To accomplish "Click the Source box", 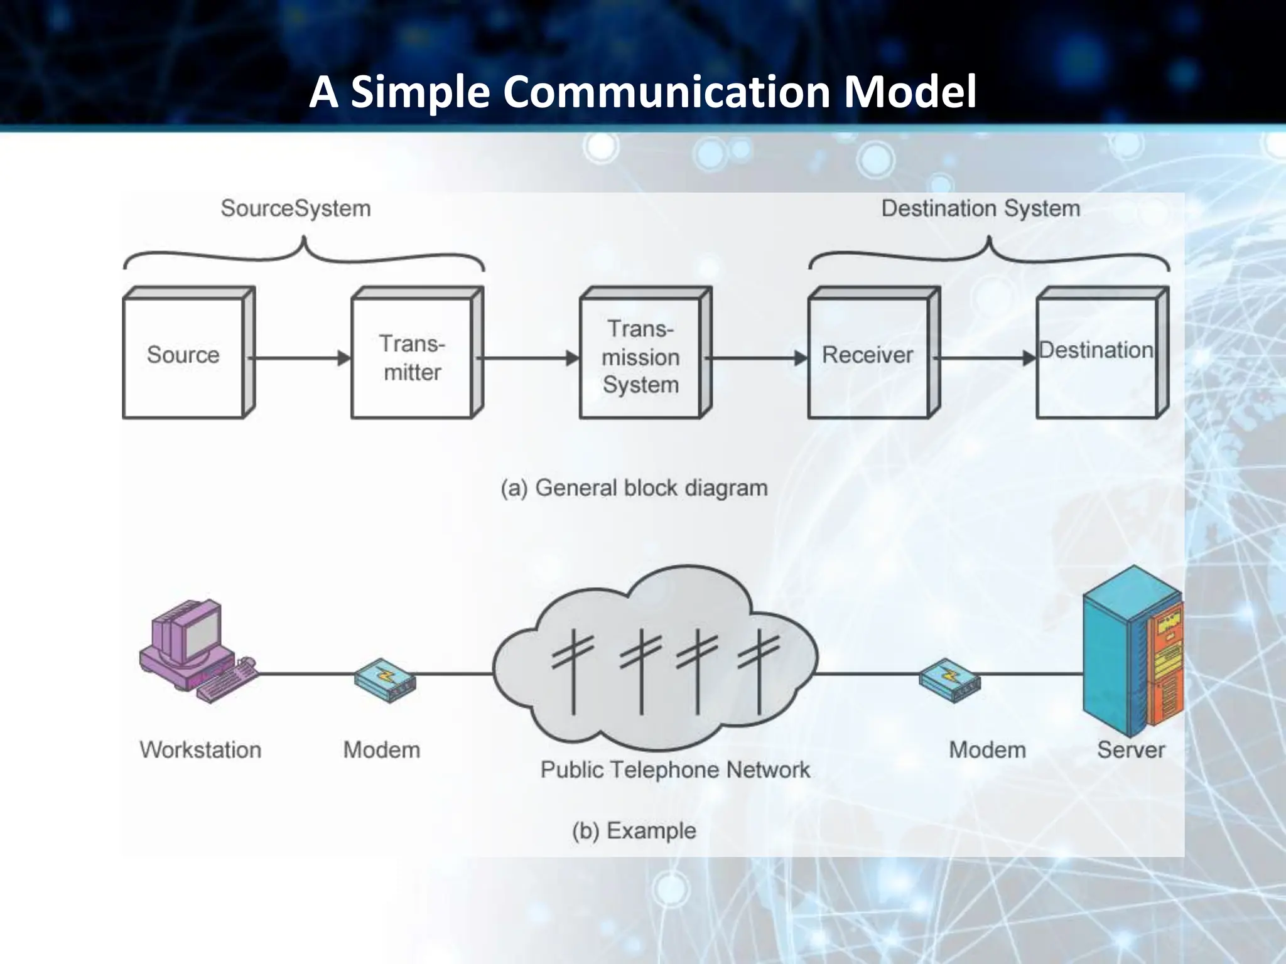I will (183, 355).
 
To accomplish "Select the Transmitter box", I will (412, 358).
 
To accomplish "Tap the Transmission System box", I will (640, 356).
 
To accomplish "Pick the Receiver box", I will (868, 355).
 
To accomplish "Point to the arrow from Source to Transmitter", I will (300, 358).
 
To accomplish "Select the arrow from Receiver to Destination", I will (985, 358).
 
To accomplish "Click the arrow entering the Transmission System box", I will (529, 358).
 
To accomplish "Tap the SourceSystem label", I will (296, 208).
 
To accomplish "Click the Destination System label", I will (981, 208).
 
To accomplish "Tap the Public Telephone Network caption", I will (675, 769).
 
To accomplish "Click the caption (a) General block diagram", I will (634, 488).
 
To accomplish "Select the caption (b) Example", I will (634, 830).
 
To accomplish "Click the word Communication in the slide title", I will (666, 92).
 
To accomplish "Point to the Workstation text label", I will (200, 750).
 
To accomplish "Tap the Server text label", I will (1131, 750).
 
